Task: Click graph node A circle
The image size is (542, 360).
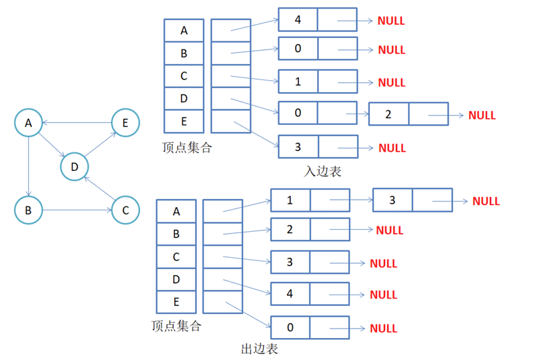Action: (x=28, y=123)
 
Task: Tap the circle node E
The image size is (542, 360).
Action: (x=125, y=123)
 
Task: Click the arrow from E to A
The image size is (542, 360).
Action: (x=77, y=122)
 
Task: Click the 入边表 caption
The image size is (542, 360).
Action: (x=323, y=171)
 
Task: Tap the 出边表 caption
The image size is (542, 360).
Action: (x=259, y=348)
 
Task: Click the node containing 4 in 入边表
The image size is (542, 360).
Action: (x=298, y=19)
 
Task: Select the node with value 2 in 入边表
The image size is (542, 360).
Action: (x=388, y=114)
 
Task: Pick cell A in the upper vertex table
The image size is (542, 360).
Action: (x=184, y=31)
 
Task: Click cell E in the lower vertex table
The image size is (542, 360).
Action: (x=176, y=302)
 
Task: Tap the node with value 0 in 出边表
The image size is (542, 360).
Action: (x=290, y=328)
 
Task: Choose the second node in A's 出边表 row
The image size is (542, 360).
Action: (x=392, y=200)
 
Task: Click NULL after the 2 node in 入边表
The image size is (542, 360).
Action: (x=482, y=115)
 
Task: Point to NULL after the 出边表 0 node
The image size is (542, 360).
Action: (x=383, y=329)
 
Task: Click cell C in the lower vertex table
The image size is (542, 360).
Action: (x=176, y=256)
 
